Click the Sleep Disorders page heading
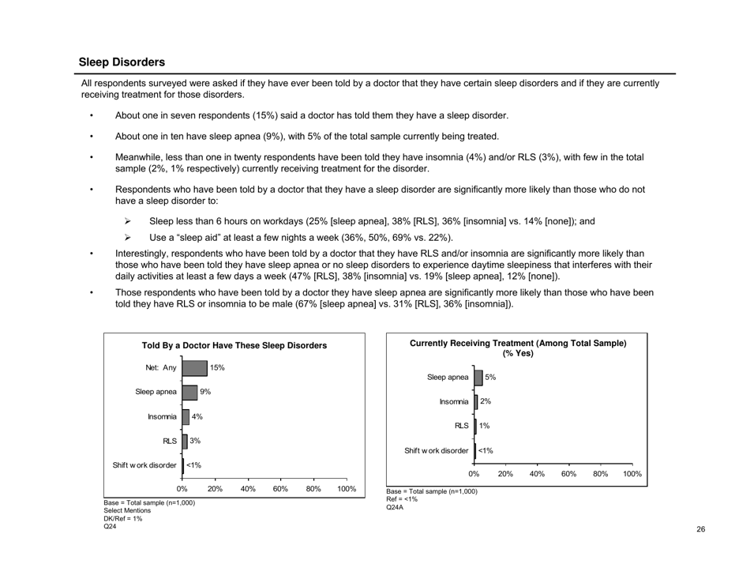coord(122,62)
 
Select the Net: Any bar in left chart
coord(194,367)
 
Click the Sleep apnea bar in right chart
coord(478,378)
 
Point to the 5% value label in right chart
coord(489,378)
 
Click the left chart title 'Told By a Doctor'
coord(234,346)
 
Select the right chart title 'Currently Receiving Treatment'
coord(518,348)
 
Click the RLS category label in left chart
coord(169,441)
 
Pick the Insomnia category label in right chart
coord(453,402)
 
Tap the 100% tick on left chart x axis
coord(346,490)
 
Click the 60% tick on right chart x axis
coord(568,474)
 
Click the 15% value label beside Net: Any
coord(217,367)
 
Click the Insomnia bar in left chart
coord(186,416)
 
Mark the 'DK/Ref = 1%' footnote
coord(122,519)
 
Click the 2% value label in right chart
coord(486,402)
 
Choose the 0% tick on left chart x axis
coord(183,490)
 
